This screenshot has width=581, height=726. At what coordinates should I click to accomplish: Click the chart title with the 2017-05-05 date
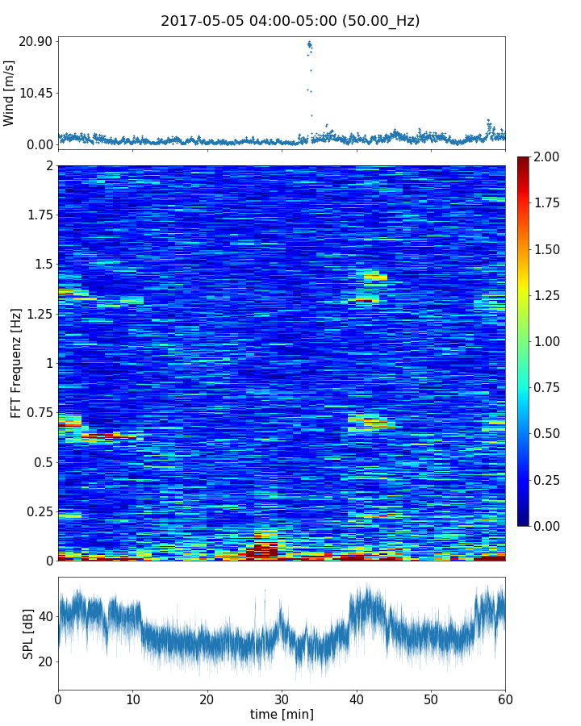[x=290, y=21]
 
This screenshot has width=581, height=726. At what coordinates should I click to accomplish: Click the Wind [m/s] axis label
[x=10, y=93]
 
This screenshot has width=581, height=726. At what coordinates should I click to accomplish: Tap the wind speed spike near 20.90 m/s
[x=309, y=45]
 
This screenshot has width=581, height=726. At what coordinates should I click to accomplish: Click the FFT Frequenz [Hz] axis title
[x=16, y=362]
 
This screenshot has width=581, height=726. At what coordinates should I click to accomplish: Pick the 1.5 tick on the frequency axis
[x=42, y=265]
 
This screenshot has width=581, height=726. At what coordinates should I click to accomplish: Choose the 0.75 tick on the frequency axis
[x=39, y=413]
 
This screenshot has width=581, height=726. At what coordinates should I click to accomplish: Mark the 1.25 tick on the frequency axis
[x=39, y=314]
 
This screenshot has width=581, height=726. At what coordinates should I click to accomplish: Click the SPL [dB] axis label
[x=28, y=633]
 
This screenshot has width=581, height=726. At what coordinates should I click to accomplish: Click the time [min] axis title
[x=282, y=714]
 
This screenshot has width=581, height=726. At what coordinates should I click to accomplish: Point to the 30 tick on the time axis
[x=282, y=697]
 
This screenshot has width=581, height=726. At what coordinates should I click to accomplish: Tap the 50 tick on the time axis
[x=431, y=697]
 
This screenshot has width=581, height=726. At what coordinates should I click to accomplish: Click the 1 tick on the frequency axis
[x=48, y=363]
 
